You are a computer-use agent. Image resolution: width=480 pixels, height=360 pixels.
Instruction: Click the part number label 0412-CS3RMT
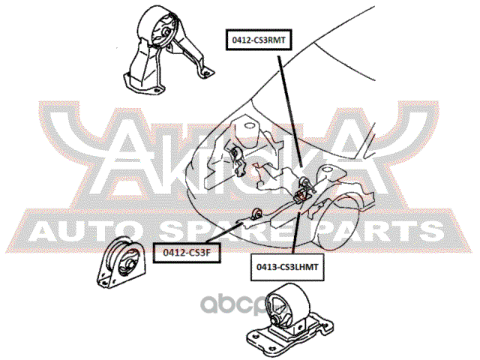click(259, 40)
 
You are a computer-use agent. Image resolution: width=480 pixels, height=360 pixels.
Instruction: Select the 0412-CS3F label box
click(187, 253)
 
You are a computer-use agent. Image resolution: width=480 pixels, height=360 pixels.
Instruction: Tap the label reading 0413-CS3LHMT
click(287, 267)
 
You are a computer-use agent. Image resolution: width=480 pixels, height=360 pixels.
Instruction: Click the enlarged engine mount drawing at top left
click(168, 48)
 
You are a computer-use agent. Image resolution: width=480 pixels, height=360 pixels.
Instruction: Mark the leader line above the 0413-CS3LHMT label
click(295, 232)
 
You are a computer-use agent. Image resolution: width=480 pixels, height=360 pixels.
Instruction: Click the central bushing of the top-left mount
click(166, 33)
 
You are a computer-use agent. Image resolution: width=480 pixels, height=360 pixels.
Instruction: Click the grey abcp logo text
click(241, 304)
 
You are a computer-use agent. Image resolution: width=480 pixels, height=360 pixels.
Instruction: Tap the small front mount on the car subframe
click(256, 214)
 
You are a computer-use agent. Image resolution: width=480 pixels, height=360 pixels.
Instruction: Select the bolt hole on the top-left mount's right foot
click(205, 73)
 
